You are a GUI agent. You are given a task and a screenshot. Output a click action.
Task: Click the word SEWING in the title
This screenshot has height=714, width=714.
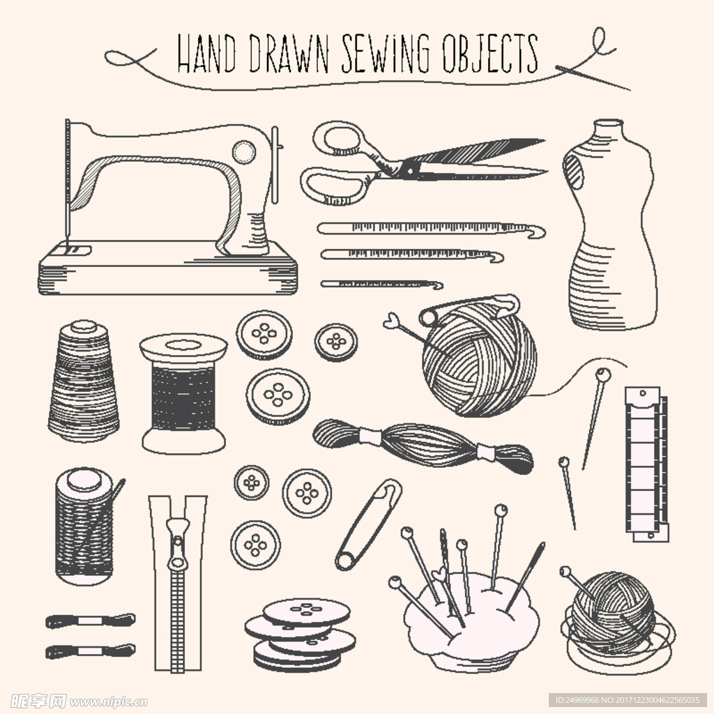(x=385, y=54)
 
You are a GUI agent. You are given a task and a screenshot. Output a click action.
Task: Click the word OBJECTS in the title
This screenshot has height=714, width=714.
(x=490, y=54)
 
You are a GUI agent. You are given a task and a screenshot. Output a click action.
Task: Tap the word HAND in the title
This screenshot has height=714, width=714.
(x=206, y=54)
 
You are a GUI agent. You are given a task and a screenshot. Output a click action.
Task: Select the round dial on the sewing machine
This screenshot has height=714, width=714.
(x=243, y=152)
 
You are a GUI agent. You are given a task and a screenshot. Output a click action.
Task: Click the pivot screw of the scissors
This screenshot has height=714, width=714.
(x=410, y=171)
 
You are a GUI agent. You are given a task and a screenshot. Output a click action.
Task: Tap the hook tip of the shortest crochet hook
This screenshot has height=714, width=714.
(x=438, y=285)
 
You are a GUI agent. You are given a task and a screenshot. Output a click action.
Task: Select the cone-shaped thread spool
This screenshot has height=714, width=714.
(x=84, y=381)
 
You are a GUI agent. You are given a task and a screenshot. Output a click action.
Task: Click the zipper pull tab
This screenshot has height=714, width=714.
(x=177, y=543)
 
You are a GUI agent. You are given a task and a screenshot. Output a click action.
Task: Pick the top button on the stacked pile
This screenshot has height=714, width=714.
(x=307, y=612)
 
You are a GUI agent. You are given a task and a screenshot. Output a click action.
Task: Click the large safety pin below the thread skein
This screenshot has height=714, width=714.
(x=369, y=524)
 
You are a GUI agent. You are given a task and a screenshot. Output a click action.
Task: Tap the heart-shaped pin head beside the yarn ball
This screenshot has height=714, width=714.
(x=391, y=321)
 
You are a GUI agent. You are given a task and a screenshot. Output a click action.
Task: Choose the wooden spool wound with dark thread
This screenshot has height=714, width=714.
(x=183, y=395)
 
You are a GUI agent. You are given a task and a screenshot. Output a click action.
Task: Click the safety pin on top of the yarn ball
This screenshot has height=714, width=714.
(x=469, y=308)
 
